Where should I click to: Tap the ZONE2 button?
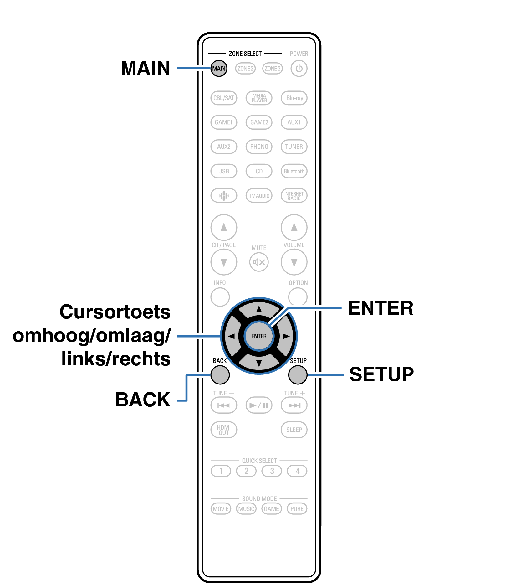[x=245, y=68]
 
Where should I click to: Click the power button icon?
[x=299, y=68]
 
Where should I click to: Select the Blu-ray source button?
[x=294, y=98]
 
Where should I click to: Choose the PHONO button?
[x=259, y=147]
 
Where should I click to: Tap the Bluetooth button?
[x=294, y=171]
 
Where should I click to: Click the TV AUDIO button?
[x=259, y=196]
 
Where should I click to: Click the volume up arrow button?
[x=294, y=227]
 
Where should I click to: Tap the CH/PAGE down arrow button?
[x=224, y=262]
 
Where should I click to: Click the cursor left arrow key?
[x=232, y=336]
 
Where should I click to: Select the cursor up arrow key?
[x=259, y=309]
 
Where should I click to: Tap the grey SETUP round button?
[x=298, y=375]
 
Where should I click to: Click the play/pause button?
[x=259, y=405]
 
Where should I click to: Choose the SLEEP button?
[x=294, y=430]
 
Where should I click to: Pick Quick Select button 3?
[x=272, y=471]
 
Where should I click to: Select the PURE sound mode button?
[x=297, y=509]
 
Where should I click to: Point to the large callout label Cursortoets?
[x=115, y=312]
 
